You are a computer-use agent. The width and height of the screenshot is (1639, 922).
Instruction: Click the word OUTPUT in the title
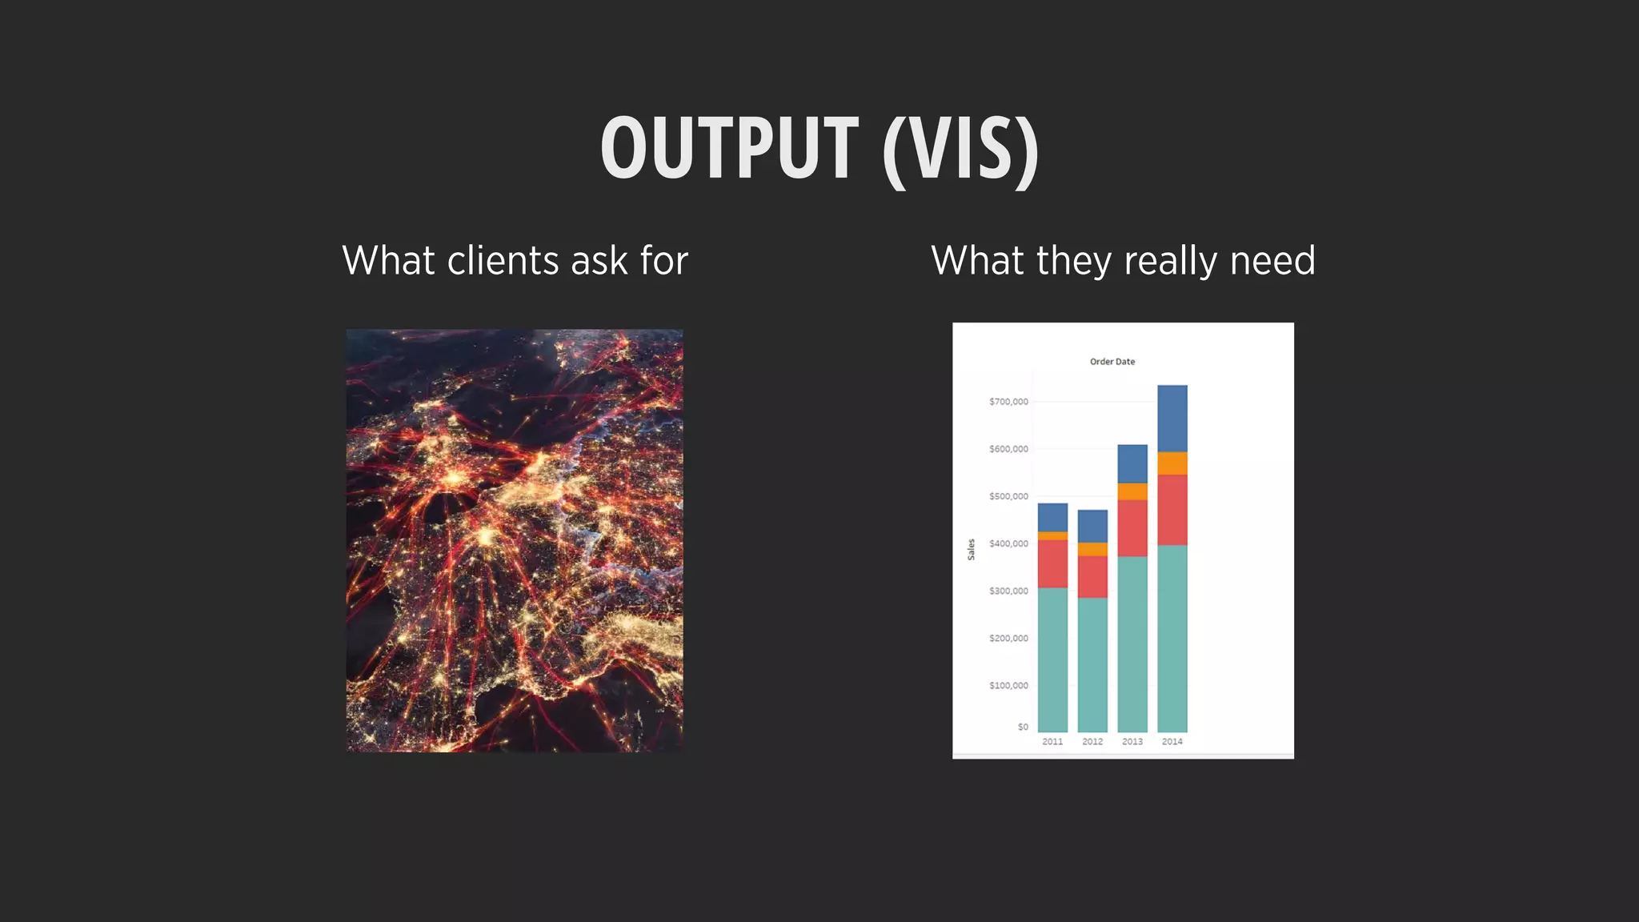point(729,148)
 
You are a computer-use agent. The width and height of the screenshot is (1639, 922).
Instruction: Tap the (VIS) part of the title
point(960,150)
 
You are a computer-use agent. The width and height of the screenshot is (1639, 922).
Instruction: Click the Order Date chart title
point(1112,362)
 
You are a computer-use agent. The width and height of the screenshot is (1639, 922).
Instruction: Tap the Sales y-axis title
point(971,549)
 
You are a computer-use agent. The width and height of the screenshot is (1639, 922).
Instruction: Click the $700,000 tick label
point(1008,402)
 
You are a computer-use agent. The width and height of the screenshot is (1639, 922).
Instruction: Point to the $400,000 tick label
point(1008,544)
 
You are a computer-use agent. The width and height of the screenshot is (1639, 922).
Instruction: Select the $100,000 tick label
point(1008,686)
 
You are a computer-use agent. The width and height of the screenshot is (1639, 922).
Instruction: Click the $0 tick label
point(1023,728)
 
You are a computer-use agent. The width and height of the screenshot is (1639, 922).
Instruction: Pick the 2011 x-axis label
point(1052,742)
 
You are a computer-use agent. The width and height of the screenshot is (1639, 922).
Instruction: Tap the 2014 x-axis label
point(1172,742)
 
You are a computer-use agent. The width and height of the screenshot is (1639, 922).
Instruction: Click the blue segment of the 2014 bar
point(1172,419)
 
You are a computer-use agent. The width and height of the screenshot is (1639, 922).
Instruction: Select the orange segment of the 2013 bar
point(1132,491)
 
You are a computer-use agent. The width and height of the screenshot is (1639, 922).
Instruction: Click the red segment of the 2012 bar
point(1092,576)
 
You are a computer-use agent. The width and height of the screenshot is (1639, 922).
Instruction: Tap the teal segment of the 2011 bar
point(1052,659)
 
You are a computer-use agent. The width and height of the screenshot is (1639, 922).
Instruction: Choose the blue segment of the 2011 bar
point(1052,517)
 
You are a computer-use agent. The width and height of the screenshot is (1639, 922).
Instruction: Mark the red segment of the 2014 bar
point(1172,510)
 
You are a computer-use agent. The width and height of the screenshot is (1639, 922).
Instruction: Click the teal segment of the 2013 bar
point(1132,643)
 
